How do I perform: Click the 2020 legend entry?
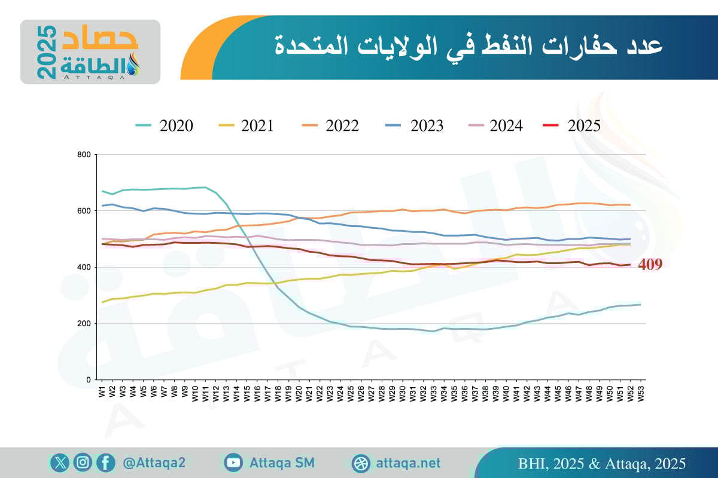tap(164, 125)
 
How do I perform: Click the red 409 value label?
tap(650, 265)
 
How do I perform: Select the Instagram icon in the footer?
tap(83, 462)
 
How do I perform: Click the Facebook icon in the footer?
tap(105, 462)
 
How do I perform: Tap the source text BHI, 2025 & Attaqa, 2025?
tap(601, 464)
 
